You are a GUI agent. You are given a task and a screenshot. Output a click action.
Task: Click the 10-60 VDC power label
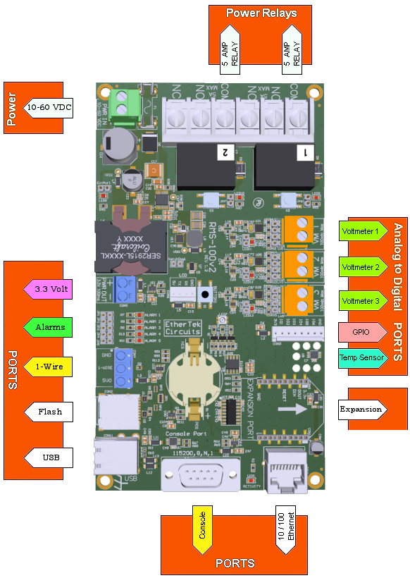click(x=49, y=107)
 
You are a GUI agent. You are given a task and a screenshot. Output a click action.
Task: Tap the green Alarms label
click(x=49, y=327)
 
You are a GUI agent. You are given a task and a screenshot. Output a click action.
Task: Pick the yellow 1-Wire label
click(x=49, y=367)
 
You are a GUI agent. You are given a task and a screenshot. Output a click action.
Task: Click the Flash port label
click(x=49, y=412)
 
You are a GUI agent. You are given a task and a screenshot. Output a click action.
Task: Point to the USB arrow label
click(x=49, y=457)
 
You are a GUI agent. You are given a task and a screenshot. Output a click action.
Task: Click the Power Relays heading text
click(x=261, y=13)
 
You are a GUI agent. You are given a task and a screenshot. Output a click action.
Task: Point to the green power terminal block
click(x=123, y=104)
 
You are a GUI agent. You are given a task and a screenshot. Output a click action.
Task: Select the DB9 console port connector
click(x=200, y=477)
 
